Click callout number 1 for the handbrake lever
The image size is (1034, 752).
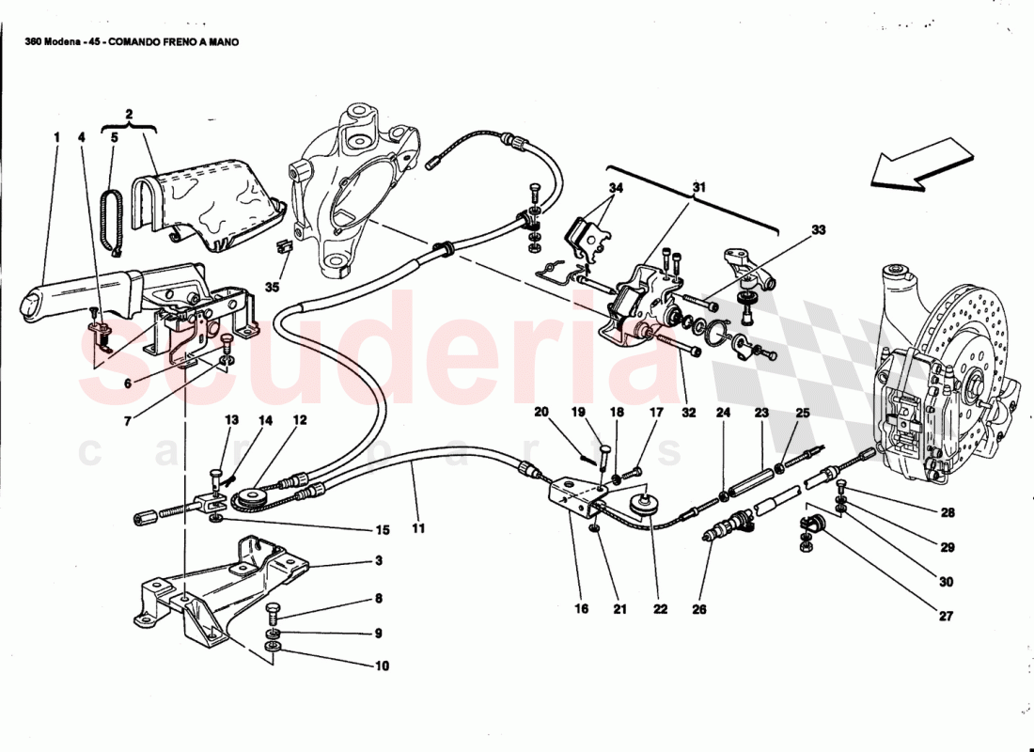pyautogui.click(x=56, y=137)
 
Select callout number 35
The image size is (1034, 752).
pyautogui.click(x=273, y=287)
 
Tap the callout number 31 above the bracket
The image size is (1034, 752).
pyautogui.click(x=699, y=188)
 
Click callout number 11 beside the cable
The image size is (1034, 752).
pyautogui.click(x=417, y=528)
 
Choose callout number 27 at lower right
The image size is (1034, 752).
pyautogui.click(x=946, y=617)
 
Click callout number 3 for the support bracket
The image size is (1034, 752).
pyautogui.click(x=378, y=561)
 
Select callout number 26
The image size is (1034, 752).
pyautogui.click(x=698, y=609)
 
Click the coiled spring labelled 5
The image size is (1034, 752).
pyautogui.click(x=113, y=220)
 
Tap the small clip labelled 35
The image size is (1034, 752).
pyautogui.click(x=280, y=250)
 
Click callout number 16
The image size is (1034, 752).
pyautogui.click(x=582, y=609)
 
